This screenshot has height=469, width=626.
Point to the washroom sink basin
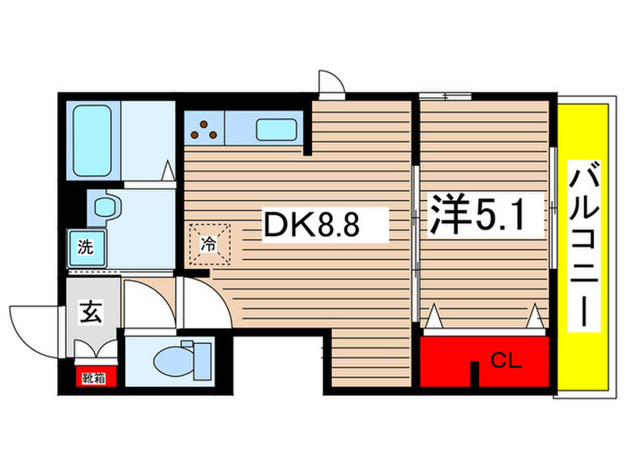coord(106,207)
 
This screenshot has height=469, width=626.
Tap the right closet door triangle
coord(535,316)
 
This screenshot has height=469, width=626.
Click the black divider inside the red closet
coord(475,374)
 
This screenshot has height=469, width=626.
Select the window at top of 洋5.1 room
coord(445,95)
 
